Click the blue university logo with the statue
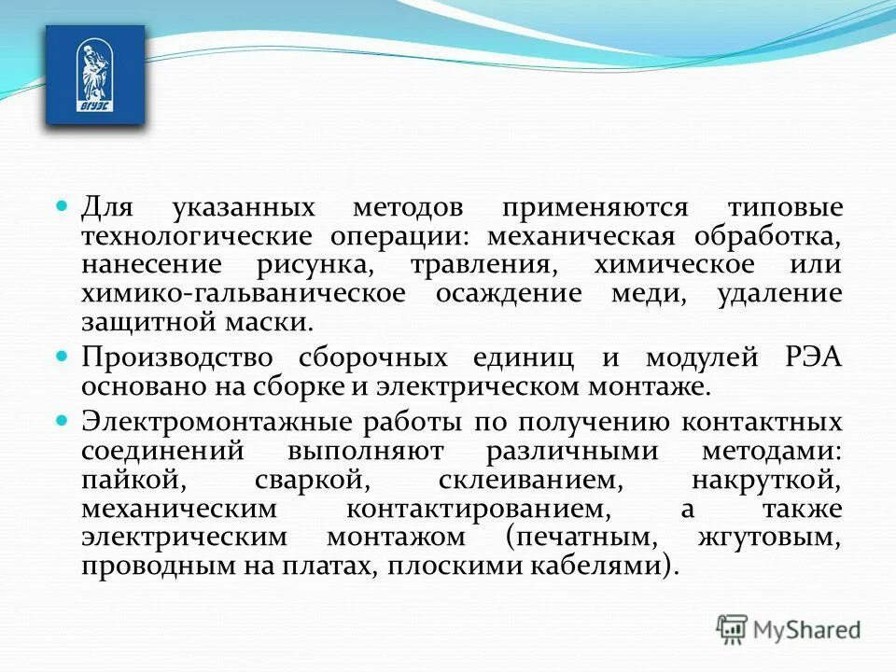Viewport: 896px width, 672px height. click(94, 75)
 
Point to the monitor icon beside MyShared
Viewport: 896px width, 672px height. click(734, 629)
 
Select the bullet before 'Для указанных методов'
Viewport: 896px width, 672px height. click(63, 204)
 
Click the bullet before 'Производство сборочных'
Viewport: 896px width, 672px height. click(63, 357)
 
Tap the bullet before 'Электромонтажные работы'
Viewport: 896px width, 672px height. click(63, 420)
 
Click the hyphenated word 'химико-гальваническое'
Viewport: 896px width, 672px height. click(244, 293)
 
